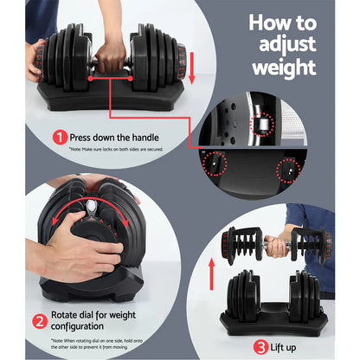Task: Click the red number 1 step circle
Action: (x=60, y=137)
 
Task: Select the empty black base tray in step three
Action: (x=273, y=315)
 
